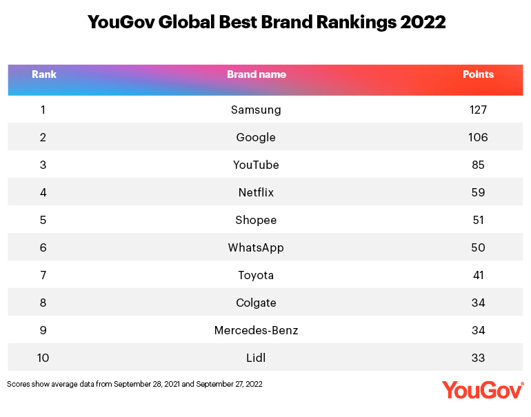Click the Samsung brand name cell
[x=256, y=110]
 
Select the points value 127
[x=477, y=110]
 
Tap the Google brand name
[x=256, y=137]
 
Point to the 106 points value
[x=477, y=137]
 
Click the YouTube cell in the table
[x=256, y=165]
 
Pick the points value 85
[x=477, y=165]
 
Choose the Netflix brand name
[x=256, y=192]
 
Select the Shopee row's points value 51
[x=477, y=220]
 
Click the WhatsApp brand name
[x=256, y=247]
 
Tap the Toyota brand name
[x=256, y=275]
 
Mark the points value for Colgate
[x=477, y=303]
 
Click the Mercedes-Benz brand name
[x=256, y=330]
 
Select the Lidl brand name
[x=256, y=358]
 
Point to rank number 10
[x=43, y=358]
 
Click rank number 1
[x=43, y=110]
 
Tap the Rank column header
[x=44, y=74]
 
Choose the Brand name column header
[x=256, y=74]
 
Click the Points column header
[x=478, y=74]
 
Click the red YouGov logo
[x=482, y=389]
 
